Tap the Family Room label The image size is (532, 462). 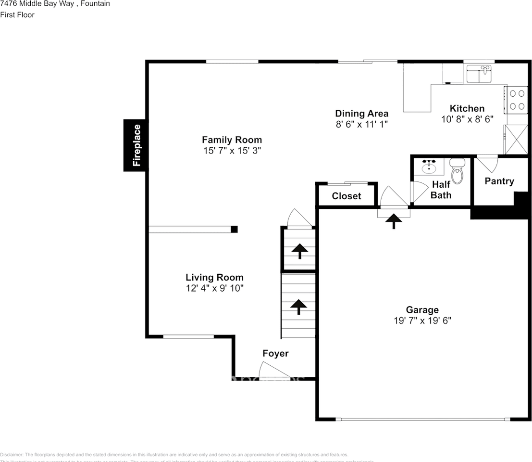coord(232,140)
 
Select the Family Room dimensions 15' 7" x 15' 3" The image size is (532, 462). coord(232,151)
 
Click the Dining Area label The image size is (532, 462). coord(361,114)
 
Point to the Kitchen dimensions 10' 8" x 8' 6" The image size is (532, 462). coord(467,119)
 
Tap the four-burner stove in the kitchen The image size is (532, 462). coord(517,99)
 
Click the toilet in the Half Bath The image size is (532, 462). coord(457,172)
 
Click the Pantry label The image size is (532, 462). coord(499,181)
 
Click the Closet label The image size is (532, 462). coord(346,196)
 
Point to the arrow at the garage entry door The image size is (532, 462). coord(394,221)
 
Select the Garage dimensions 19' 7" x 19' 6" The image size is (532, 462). coord(422,321)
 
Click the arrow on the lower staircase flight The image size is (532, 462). coord(298,307)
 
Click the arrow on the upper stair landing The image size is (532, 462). coord(299,250)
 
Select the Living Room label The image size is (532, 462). coord(214,277)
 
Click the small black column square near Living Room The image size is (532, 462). coord(234,229)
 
